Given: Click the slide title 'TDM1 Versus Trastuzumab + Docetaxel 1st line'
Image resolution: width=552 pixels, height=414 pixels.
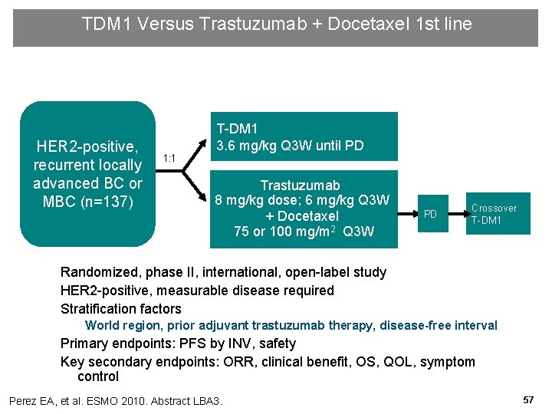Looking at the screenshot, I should pyautogui.click(x=276, y=25).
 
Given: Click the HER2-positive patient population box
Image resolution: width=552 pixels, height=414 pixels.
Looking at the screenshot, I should pyautogui.click(x=87, y=173).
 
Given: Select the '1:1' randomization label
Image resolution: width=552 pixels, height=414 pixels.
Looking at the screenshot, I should pyautogui.click(x=169, y=159).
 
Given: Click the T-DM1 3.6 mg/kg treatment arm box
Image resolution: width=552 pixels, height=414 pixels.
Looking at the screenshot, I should pyautogui.click(x=304, y=136).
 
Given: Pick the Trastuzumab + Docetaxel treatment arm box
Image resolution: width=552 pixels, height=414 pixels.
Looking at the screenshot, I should pyautogui.click(x=304, y=209).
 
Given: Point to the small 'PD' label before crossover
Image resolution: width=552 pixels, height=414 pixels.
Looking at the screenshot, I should pyautogui.click(x=430, y=214).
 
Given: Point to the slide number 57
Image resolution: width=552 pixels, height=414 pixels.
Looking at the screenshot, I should pyautogui.click(x=528, y=400).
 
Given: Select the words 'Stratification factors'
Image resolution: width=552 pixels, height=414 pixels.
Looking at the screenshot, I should pyautogui.click(x=121, y=309).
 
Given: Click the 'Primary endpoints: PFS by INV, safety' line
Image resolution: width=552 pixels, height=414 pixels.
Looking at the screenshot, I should pyautogui.click(x=178, y=343).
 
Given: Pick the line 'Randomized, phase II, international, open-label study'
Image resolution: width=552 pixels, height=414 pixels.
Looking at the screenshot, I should pyautogui.click(x=223, y=272).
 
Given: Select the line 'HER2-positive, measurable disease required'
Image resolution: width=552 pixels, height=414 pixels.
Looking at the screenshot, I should pyautogui.click(x=197, y=291).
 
